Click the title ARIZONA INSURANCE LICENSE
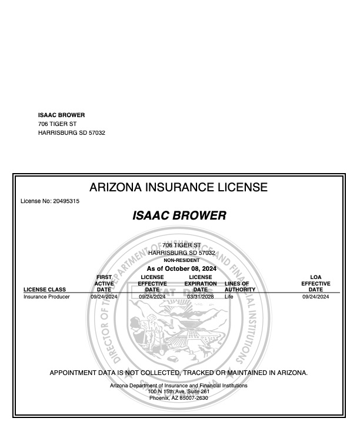pyautogui.click(x=178, y=188)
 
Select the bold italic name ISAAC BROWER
pyautogui.click(x=179, y=216)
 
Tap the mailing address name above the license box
pyautogui.click(x=61, y=115)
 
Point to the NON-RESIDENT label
pyautogui.click(x=181, y=260)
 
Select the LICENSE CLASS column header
pyautogui.click(x=45, y=290)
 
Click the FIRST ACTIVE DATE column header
pyautogui.click(x=104, y=283)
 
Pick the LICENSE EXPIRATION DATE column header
pyautogui.click(x=200, y=283)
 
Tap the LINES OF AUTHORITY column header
pyautogui.click(x=240, y=287)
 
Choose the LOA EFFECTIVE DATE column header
pyautogui.click(x=315, y=283)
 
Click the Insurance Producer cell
pyautogui.click(x=46, y=297)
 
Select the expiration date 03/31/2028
pyautogui.click(x=200, y=297)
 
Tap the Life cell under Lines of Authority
pyautogui.click(x=229, y=297)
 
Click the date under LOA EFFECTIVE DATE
pyautogui.click(x=315, y=297)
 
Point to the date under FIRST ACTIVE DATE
pyautogui.click(x=104, y=297)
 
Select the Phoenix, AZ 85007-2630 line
pyautogui.click(x=179, y=398)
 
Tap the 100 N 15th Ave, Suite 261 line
pyautogui.click(x=179, y=391)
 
